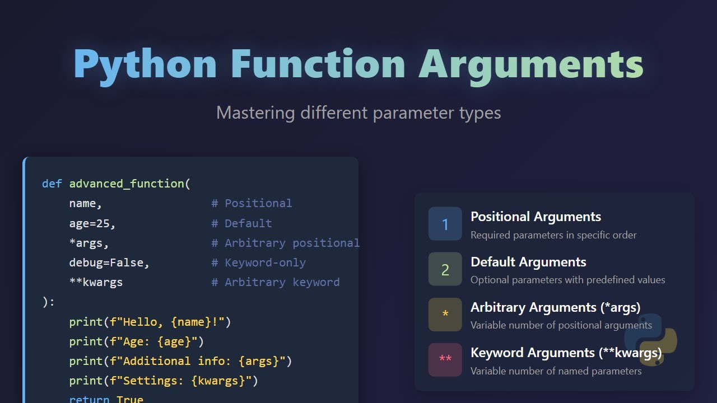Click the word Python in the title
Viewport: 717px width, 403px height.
(145, 64)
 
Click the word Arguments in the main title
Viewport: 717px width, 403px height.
(531, 64)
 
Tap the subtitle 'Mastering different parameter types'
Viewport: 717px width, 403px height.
(358, 113)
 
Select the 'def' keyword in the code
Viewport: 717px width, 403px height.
(52, 184)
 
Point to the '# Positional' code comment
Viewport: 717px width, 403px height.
(252, 203)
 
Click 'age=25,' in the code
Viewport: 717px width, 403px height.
(92, 223)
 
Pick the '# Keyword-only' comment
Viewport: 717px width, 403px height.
(258, 263)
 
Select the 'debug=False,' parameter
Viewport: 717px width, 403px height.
(109, 263)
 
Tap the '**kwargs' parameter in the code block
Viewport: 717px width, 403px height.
(96, 282)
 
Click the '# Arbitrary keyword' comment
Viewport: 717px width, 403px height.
(275, 282)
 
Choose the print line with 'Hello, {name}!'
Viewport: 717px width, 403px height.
(150, 322)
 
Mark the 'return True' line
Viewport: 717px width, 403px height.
(106, 399)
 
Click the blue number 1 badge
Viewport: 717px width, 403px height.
(445, 224)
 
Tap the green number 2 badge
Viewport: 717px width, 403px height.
(445, 269)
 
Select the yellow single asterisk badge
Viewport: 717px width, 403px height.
(445, 315)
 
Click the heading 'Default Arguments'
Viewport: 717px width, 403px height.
(528, 262)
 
